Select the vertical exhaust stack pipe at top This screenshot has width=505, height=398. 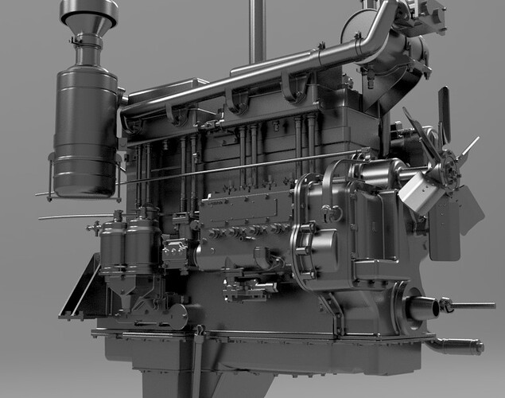tap(257, 32)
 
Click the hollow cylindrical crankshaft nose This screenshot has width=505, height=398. tap(421, 307)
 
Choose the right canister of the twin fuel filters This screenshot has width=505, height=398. tap(143, 243)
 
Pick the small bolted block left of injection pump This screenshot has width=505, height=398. tap(174, 253)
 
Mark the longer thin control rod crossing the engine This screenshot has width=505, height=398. tap(199, 171)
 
